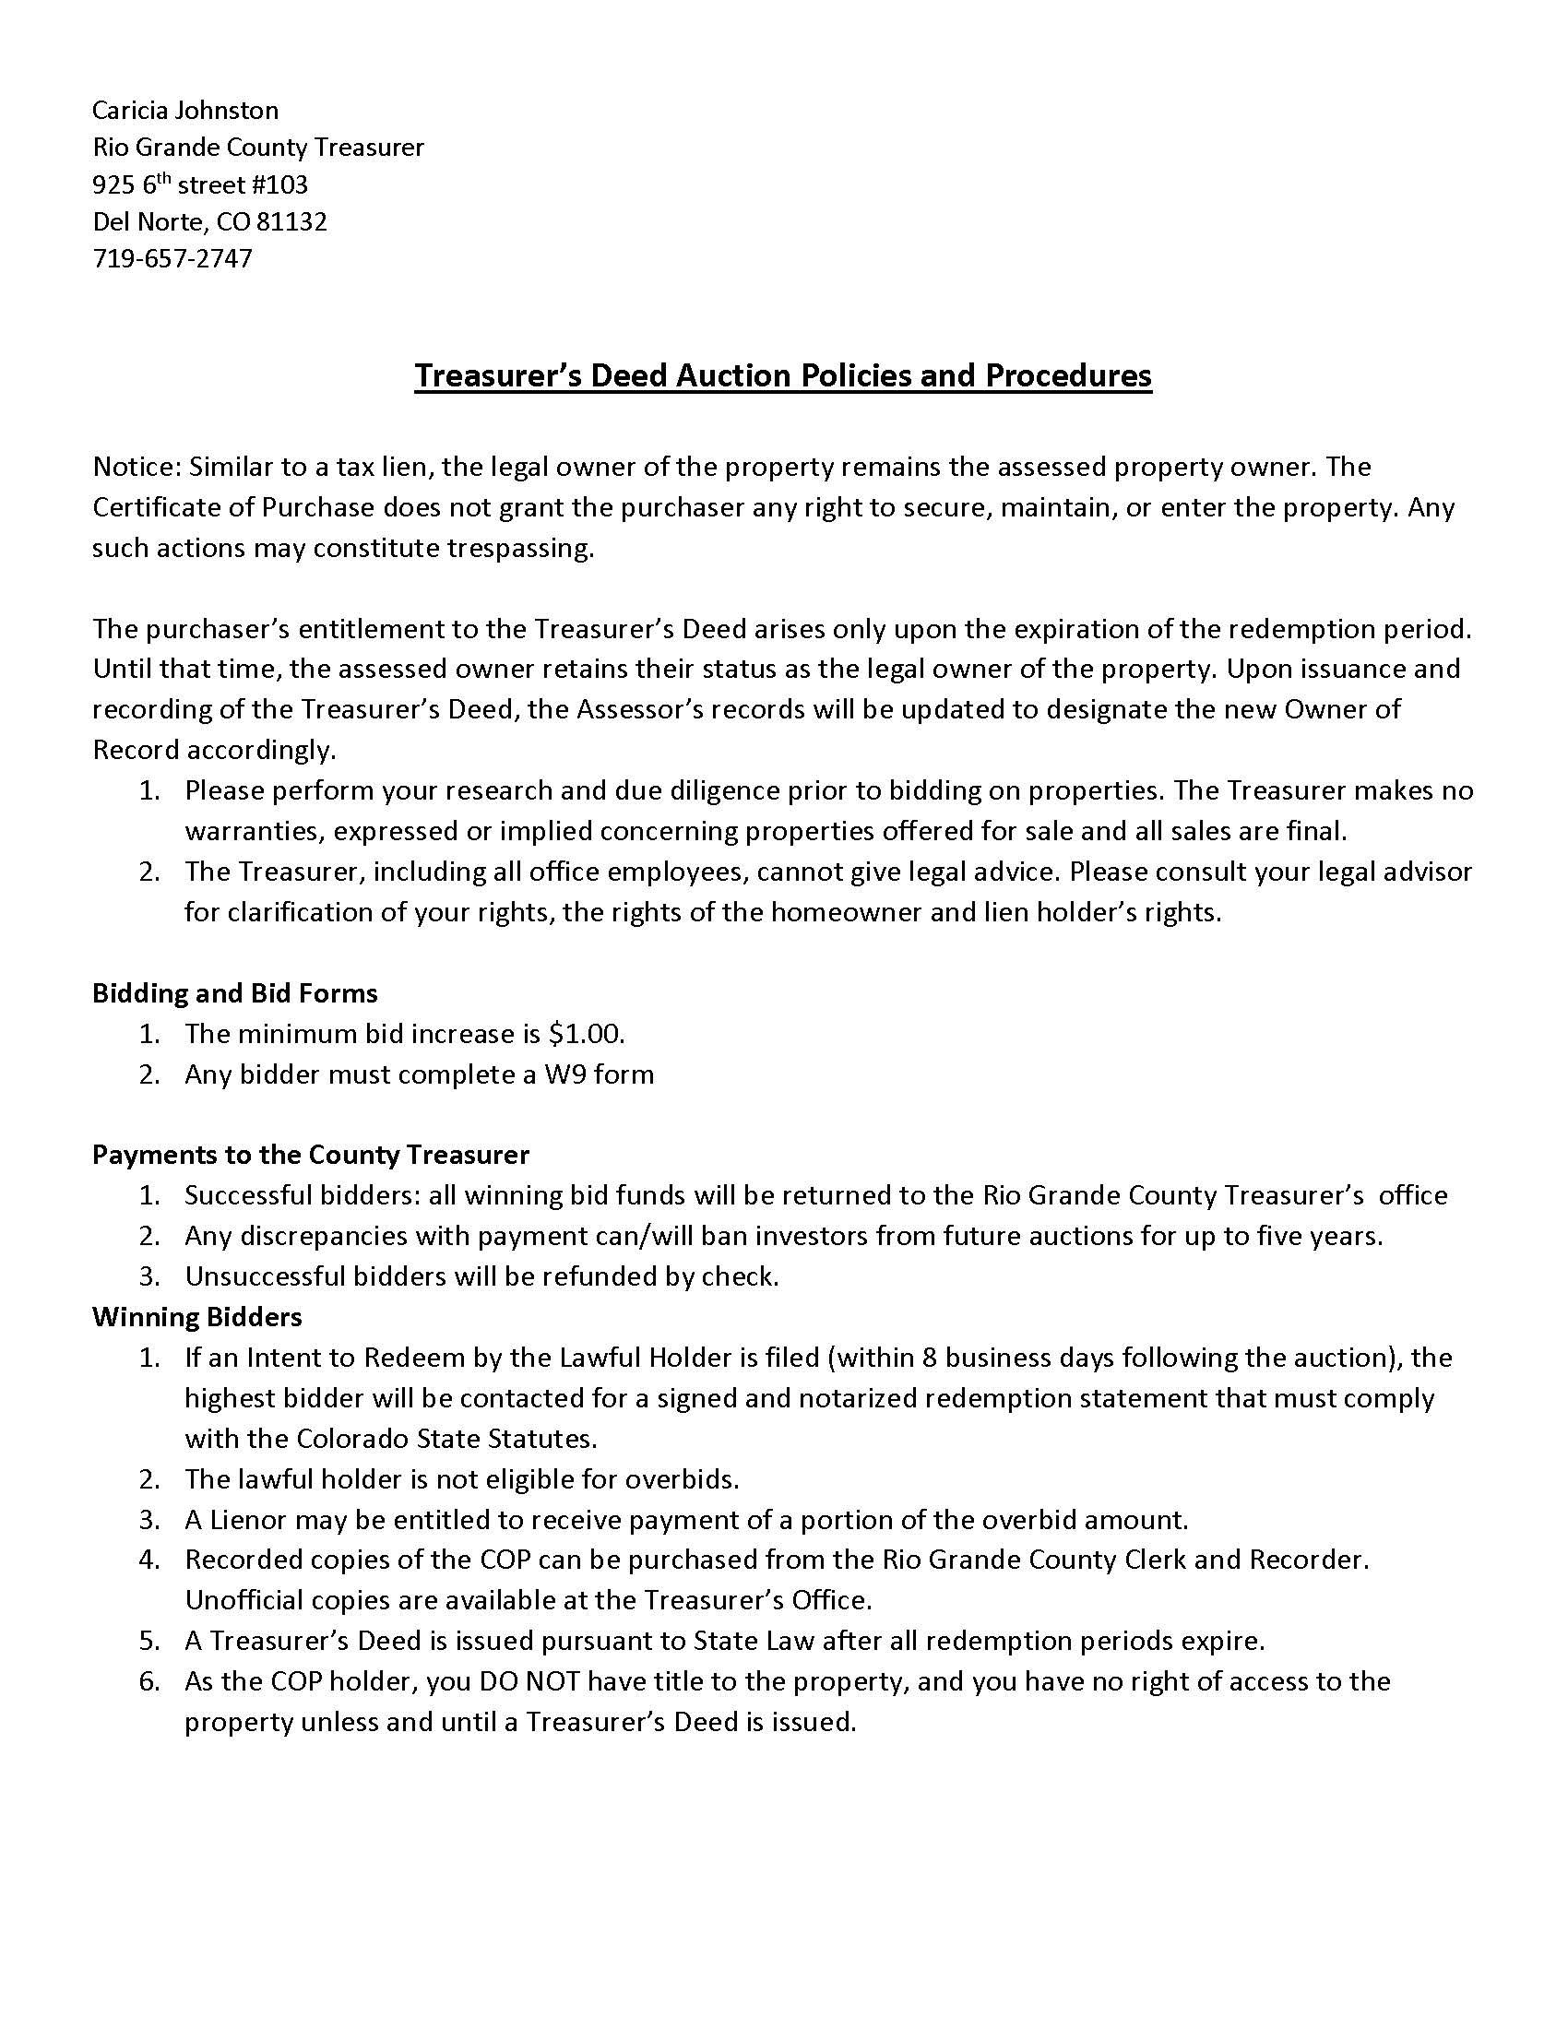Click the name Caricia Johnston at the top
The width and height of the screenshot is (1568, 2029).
184,111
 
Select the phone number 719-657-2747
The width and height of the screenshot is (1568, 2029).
172,258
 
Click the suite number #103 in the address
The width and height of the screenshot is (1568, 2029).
279,184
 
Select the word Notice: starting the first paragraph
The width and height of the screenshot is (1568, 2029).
137,467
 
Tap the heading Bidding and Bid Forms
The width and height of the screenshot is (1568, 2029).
234,993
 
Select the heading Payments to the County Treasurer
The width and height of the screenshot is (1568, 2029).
310,1155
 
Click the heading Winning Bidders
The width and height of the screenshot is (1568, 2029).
197,1316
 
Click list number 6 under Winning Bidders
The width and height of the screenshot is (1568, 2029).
148,1681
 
